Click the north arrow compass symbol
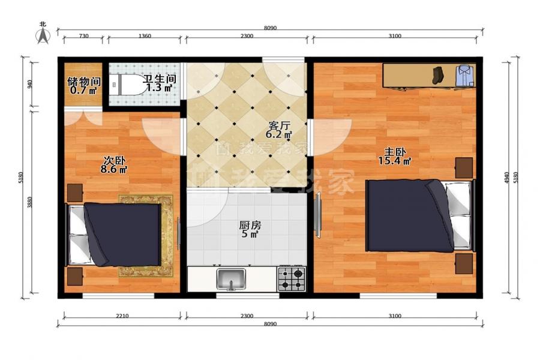click(43, 34)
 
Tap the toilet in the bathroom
click(127, 85)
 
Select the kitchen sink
click(231, 278)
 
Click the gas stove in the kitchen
click(292, 278)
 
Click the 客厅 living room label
click(278, 125)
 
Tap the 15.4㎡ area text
click(395, 161)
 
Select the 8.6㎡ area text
click(114, 169)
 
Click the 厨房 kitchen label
click(250, 226)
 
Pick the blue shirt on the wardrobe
click(465, 76)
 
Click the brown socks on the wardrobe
click(438, 75)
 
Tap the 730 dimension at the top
click(84, 36)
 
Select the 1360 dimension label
click(144, 36)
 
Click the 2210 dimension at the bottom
click(122, 316)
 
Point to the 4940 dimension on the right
click(506, 178)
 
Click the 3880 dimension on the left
click(30, 202)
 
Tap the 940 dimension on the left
click(30, 84)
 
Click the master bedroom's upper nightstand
click(464, 168)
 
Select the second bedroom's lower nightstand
click(75, 276)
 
